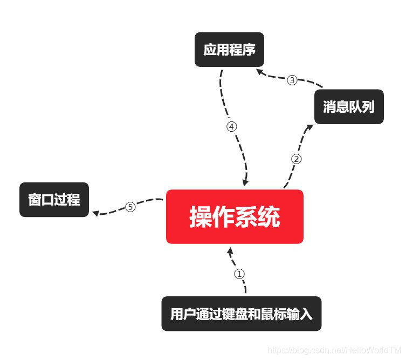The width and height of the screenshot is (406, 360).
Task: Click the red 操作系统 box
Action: pyautogui.click(x=235, y=216)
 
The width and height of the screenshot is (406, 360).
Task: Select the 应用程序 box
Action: pyautogui.click(x=229, y=51)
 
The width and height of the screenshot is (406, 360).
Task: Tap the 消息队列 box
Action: pyautogui.click(x=349, y=106)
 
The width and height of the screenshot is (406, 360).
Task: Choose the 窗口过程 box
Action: pyautogui.click(x=54, y=200)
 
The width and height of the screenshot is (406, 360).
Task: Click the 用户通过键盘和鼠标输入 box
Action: pyautogui.click(x=241, y=314)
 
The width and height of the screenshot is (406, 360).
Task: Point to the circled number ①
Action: pyautogui.click(x=239, y=274)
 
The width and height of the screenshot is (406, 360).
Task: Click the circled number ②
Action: pyautogui.click(x=297, y=159)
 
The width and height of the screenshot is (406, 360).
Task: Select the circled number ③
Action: pyautogui.click(x=292, y=80)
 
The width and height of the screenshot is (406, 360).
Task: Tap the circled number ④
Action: pyautogui.click(x=232, y=127)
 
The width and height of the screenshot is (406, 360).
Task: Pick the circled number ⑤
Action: pyautogui.click(x=130, y=207)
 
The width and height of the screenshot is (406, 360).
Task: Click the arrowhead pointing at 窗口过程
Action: pyautogui.click(x=95, y=213)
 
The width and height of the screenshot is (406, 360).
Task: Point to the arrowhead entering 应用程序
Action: pyautogui.click(x=259, y=71)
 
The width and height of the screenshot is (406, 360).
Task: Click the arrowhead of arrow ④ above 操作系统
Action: pyautogui.click(x=245, y=183)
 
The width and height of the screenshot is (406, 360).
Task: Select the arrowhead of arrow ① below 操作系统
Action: pyautogui.click(x=230, y=251)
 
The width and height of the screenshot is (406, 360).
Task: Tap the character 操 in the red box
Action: pyautogui.click(x=200, y=217)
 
